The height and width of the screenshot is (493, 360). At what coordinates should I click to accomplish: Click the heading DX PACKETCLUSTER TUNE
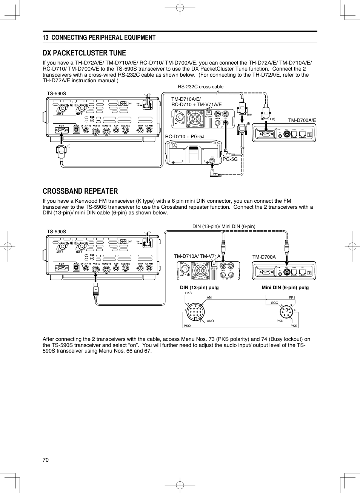pyautogui.click(x=84, y=53)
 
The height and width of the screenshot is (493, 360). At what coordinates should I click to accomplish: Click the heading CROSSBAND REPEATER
pyautogui.click(x=80, y=191)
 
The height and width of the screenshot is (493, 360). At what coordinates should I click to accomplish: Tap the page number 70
pyautogui.click(x=46, y=459)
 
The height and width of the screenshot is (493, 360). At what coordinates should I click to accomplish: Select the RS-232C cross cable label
pyautogui.click(x=200, y=87)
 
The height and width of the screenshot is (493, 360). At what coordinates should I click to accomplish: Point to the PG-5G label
pyautogui.click(x=230, y=159)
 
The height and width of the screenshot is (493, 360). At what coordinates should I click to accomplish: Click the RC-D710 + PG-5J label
pyautogui.click(x=185, y=136)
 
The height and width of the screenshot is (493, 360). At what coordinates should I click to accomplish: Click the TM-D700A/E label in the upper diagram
pyautogui.click(x=302, y=120)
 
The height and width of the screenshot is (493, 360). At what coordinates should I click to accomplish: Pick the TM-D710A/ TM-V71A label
pyautogui.click(x=197, y=256)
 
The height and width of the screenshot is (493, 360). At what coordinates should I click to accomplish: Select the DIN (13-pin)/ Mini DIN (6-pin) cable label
pyautogui.click(x=224, y=226)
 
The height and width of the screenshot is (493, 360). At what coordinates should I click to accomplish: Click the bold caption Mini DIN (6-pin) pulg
pyautogui.click(x=285, y=288)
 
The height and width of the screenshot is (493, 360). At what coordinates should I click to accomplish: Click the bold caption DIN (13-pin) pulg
pyautogui.click(x=199, y=288)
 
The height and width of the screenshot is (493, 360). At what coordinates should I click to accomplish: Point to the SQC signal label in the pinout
pyautogui.click(x=274, y=303)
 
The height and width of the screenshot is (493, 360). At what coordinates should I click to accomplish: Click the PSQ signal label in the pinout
pyautogui.click(x=187, y=326)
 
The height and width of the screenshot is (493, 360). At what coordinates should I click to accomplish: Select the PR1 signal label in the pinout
pyautogui.click(x=292, y=297)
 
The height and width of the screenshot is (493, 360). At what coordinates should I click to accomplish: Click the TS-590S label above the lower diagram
pyautogui.click(x=56, y=232)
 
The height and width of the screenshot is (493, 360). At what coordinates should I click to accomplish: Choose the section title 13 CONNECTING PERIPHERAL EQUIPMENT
pyautogui.click(x=99, y=37)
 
